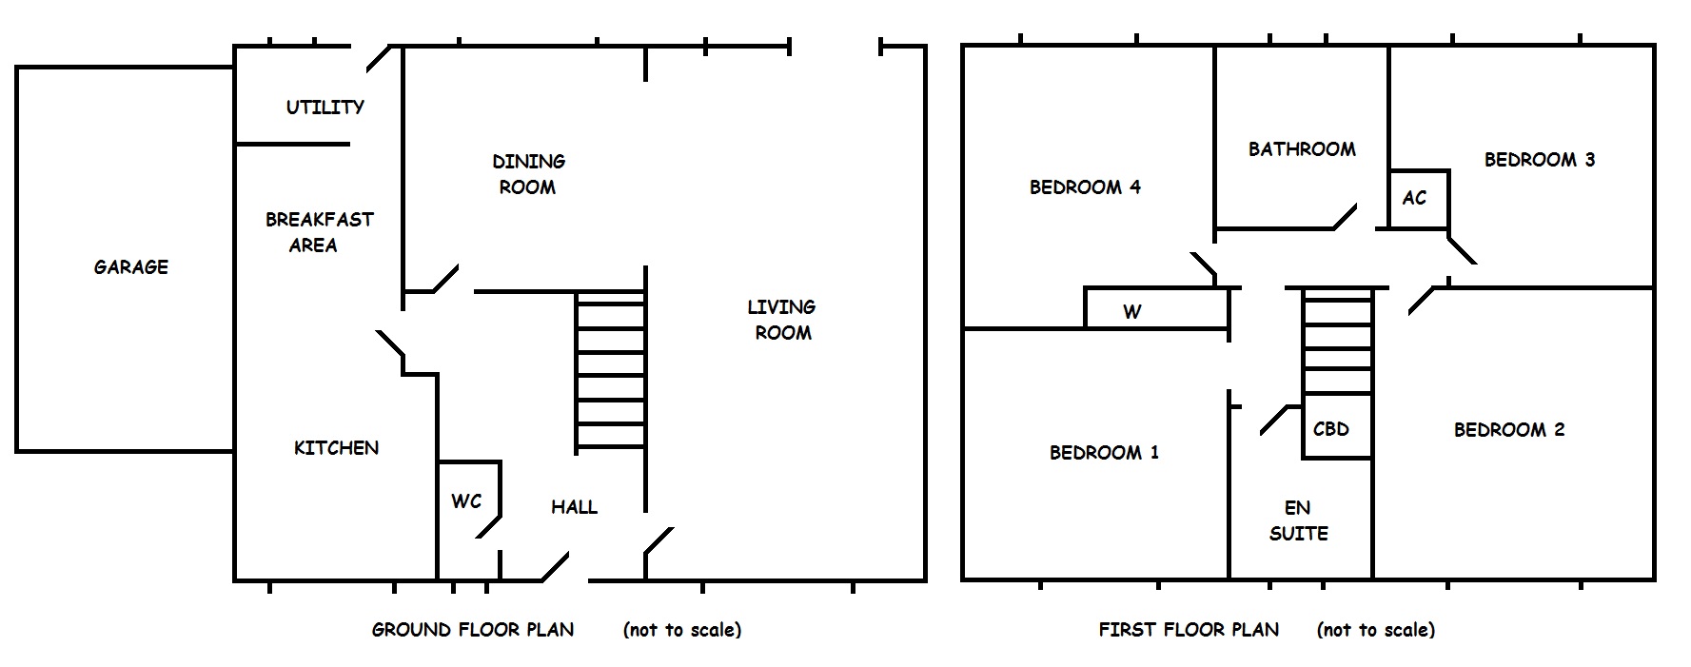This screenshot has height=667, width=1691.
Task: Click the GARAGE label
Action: point(131,267)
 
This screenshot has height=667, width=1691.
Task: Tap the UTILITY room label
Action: point(325,108)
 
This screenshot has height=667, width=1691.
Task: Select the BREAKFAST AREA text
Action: point(319,232)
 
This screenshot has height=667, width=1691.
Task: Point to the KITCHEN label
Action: point(336,448)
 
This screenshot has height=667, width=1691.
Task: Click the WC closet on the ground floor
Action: point(468,500)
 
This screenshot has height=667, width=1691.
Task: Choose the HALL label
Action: point(574,507)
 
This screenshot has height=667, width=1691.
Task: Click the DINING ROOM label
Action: point(528,174)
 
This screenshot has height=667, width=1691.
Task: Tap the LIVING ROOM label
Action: point(781,320)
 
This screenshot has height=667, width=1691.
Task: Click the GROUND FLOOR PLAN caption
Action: point(473,630)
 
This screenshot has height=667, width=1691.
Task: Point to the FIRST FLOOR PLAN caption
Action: point(1189,630)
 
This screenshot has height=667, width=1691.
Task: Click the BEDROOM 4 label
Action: point(1085,187)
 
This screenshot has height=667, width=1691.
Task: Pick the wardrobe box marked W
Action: point(1156,309)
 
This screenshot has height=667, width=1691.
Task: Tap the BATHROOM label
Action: point(1302,149)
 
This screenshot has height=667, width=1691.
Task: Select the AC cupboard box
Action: point(1418,199)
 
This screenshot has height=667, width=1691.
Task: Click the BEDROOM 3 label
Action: point(1540,160)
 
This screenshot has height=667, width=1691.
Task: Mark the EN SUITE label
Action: point(1298,520)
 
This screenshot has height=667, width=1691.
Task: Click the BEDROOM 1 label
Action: point(1104,453)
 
